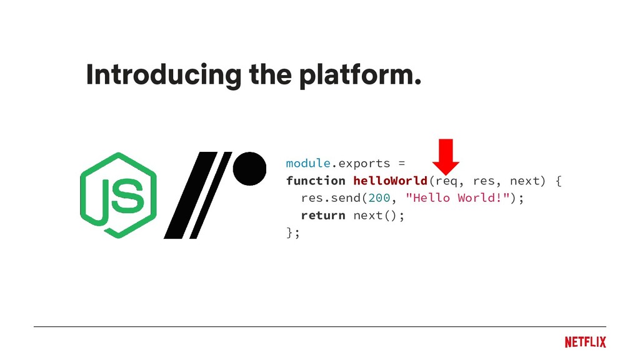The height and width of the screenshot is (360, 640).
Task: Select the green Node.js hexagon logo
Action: [x=117, y=195]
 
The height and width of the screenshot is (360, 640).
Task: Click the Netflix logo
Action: [x=585, y=342]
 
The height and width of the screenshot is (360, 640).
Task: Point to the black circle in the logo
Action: [x=249, y=168]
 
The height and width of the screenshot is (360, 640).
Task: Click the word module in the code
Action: [x=307, y=164]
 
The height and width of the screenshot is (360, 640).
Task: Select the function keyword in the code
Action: [x=316, y=181]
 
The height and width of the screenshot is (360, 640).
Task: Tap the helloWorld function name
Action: [x=390, y=181]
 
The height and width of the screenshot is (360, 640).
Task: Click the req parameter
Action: [x=445, y=181]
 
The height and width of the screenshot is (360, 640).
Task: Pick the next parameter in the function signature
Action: [x=524, y=181]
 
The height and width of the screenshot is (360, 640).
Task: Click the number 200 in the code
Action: [x=379, y=198]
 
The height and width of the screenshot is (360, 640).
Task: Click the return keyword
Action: [x=322, y=216]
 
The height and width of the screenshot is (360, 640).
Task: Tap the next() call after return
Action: [x=376, y=216]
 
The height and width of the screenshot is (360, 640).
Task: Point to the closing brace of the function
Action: [x=289, y=232]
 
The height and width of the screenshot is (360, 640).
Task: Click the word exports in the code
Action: [x=364, y=164]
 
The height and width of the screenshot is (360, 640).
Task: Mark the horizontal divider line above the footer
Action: [x=320, y=326]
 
